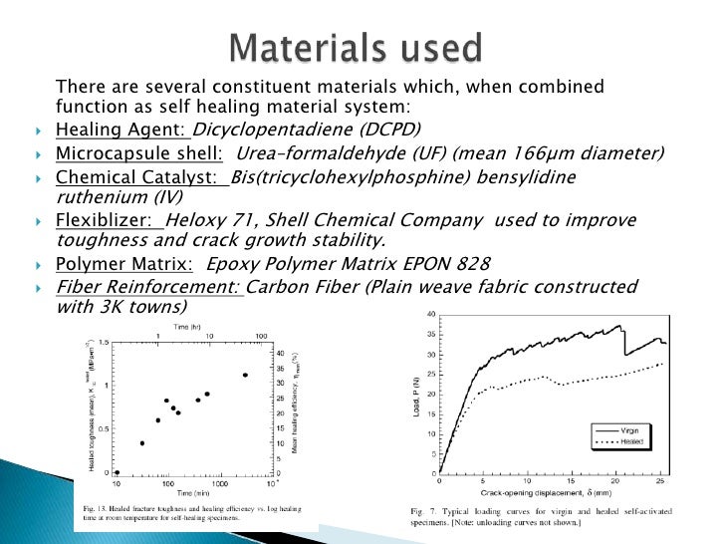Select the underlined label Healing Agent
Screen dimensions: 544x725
pos(121,131)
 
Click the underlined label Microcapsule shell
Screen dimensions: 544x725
pos(138,154)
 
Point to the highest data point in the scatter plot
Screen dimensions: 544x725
pos(245,376)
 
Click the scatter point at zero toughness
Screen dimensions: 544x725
pos(118,472)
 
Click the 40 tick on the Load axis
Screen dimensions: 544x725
pos(431,315)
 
